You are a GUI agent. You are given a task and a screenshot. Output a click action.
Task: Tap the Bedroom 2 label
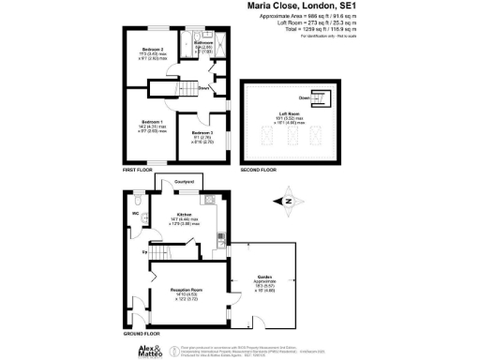point(153,49)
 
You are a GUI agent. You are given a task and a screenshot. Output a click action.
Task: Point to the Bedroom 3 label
point(203,133)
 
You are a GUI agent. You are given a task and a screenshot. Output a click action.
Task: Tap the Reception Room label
point(187,291)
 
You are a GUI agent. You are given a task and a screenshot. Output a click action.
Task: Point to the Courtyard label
point(187,179)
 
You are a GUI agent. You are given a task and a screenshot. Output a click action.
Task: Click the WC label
point(135,214)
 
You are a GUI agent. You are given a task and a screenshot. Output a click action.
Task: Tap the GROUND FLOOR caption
point(139,333)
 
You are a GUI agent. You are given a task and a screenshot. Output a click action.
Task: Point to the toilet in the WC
point(137,200)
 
